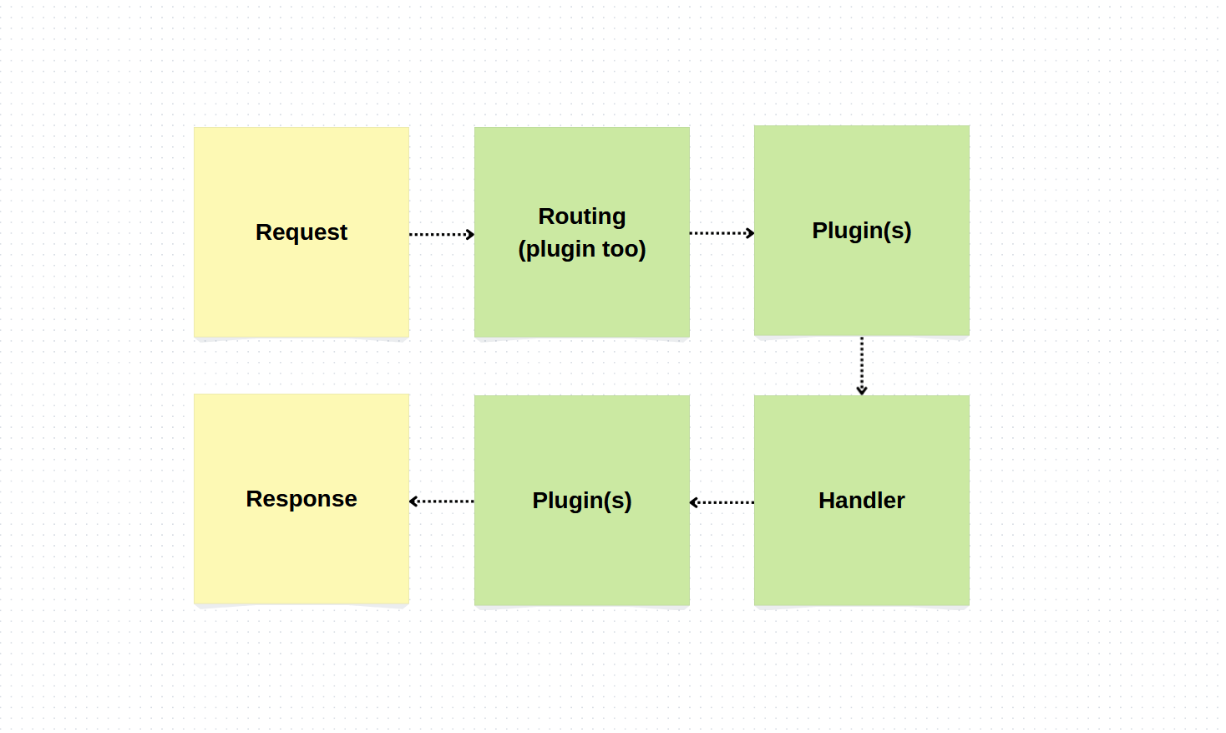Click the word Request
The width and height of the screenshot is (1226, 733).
pos(301,232)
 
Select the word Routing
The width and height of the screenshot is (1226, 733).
pos(581,216)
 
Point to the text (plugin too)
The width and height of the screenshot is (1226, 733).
pos(581,249)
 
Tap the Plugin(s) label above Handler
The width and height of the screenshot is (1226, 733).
pos(861,231)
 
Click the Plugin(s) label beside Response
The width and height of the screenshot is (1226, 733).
pos(581,501)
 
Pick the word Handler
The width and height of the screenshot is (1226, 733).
pos(861,501)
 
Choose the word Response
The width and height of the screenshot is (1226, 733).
pos(301,499)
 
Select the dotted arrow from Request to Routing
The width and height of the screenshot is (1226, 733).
pos(440,234)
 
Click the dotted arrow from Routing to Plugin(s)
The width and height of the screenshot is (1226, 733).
pos(721,233)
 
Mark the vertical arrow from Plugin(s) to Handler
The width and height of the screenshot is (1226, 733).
pos(862,364)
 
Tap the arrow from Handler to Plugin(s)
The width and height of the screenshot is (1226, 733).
pos(722,502)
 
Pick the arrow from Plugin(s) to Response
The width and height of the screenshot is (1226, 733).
pos(442,501)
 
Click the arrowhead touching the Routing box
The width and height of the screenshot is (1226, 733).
pos(470,234)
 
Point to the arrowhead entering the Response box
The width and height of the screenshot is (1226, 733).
pos(413,501)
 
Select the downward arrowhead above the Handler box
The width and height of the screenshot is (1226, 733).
pos(862,390)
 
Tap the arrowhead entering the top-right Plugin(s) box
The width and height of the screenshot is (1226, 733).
pos(750,233)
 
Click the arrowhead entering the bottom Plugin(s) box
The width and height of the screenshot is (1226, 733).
pos(694,502)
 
